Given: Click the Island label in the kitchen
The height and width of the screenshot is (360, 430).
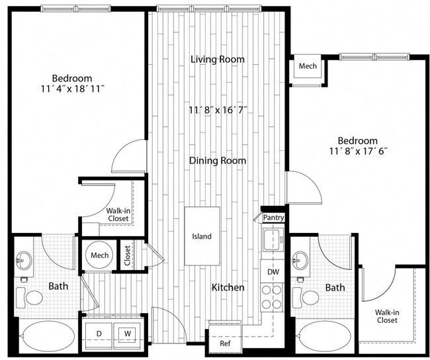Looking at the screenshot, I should click(x=202, y=237).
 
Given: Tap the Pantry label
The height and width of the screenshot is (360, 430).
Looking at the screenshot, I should click(x=273, y=217).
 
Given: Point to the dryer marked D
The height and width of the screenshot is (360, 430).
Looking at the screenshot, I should click(x=100, y=333).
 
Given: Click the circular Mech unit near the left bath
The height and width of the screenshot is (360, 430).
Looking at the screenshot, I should click(x=99, y=255).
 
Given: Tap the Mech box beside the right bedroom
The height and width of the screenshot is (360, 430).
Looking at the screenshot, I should click(x=307, y=67).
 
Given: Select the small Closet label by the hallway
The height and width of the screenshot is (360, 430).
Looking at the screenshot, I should click(x=127, y=256).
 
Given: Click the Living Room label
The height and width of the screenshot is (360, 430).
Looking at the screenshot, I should click(x=218, y=60).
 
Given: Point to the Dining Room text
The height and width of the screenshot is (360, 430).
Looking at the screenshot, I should click(x=218, y=161).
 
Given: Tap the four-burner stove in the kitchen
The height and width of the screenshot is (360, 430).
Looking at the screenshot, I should click(x=272, y=296).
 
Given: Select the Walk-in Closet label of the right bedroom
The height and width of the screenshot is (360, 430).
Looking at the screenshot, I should click(x=388, y=316).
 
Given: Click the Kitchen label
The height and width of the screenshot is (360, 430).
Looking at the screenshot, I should click(x=228, y=288).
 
